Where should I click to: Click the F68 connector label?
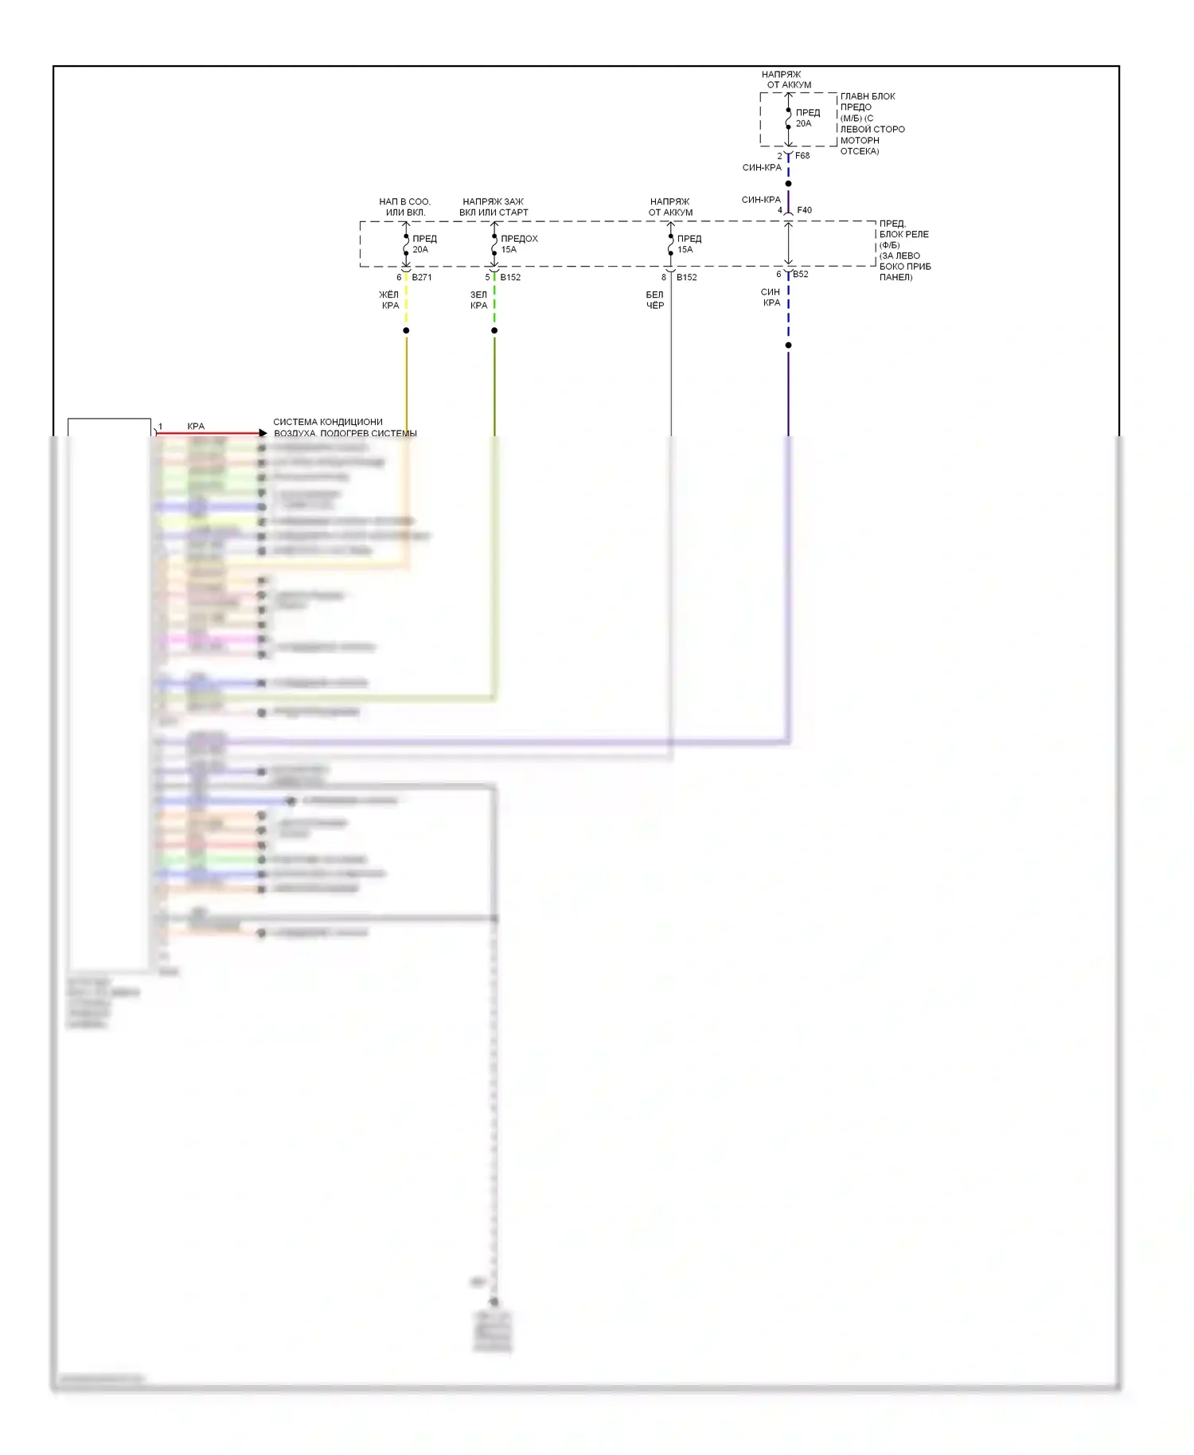tap(802, 156)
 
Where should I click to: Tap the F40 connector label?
tap(804, 211)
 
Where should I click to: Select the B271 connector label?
tap(421, 278)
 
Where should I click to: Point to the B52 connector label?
tap(800, 275)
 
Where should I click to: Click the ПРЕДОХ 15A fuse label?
tap(518, 244)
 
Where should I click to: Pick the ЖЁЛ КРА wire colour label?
tap(389, 300)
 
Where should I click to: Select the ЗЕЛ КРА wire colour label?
tap(478, 300)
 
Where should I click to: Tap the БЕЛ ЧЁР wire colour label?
tap(654, 300)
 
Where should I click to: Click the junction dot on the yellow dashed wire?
tap(406, 330)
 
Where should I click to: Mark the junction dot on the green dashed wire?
tap(494, 330)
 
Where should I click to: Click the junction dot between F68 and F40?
tap(788, 184)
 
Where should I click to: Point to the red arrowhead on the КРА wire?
tap(263, 433)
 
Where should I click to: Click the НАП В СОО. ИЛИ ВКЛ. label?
tap(404, 207)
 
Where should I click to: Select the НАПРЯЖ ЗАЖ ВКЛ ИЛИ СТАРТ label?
tap(494, 207)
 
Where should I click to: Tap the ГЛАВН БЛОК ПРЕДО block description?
tap(872, 123)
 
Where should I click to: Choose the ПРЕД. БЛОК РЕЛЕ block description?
tap(904, 250)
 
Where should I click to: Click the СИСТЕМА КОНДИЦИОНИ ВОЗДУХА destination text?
tap(344, 427)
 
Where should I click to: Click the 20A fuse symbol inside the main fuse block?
tap(788, 119)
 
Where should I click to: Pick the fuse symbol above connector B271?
tap(406, 244)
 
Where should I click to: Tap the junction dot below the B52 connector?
tap(788, 345)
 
